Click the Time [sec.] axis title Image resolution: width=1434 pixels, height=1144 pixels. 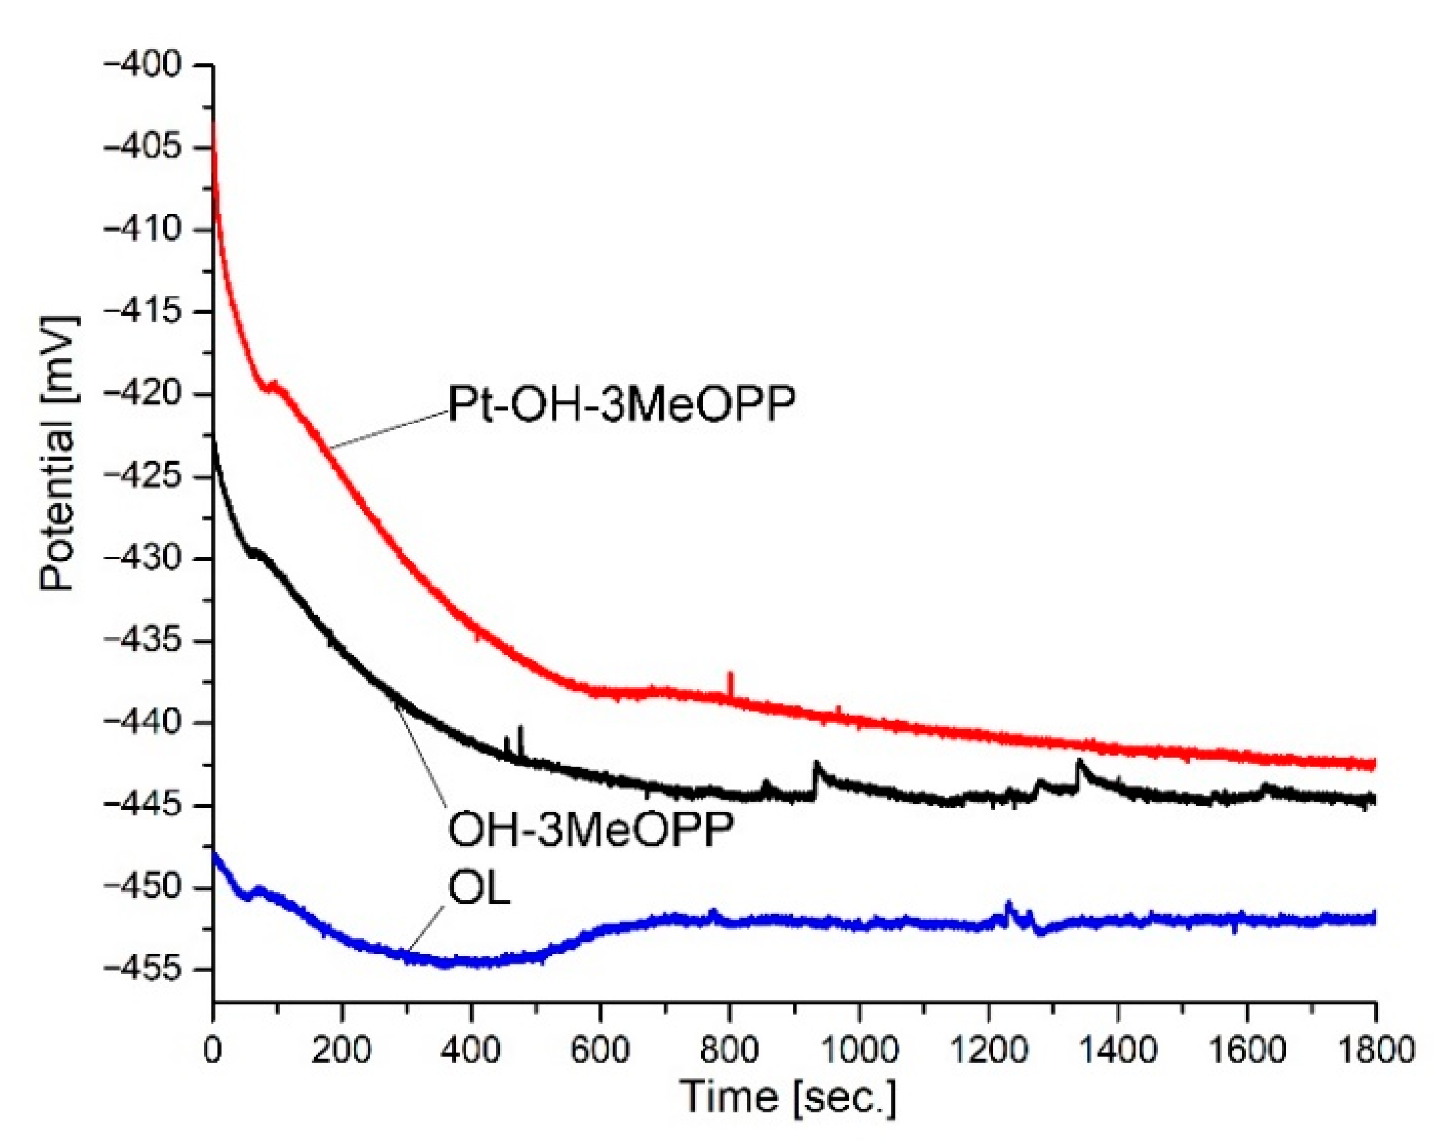pos(787,1096)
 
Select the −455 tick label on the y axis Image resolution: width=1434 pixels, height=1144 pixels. pos(143,970)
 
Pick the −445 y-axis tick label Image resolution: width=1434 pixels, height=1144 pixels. pos(143,805)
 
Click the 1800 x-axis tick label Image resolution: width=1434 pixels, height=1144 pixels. pos(1376,1050)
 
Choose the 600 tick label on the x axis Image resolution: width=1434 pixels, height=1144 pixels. pos(601,1050)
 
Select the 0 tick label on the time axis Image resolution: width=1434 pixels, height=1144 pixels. pos(213,1050)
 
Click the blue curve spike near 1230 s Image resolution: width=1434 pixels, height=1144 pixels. pos(1009,904)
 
